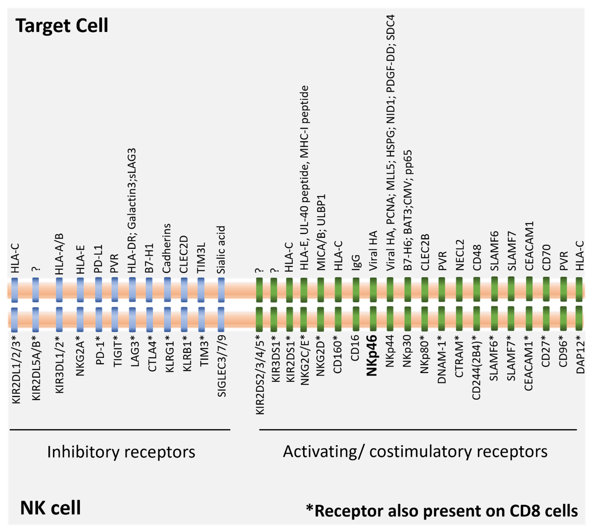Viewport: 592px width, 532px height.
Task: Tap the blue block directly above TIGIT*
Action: [115, 320]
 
